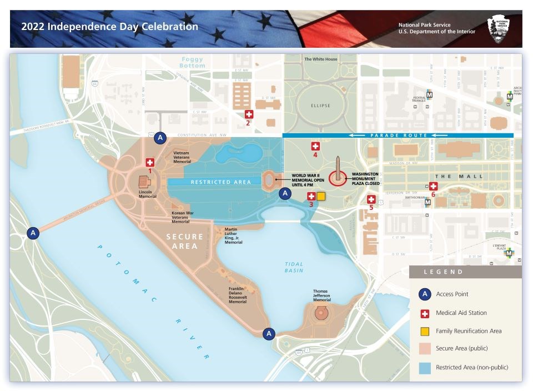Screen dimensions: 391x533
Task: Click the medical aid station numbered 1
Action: coord(149,163)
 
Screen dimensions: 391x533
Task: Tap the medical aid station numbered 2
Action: coord(249,114)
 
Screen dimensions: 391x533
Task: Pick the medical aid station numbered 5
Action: coord(371,200)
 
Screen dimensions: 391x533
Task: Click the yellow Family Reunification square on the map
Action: coord(321,196)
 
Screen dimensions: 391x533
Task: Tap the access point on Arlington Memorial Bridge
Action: coord(33,233)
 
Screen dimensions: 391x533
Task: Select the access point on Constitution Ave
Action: coord(160,137)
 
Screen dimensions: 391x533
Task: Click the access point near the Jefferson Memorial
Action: coord(269,333)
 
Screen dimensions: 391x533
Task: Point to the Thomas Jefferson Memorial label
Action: coord(321,295)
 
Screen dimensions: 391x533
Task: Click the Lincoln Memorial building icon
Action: coord(143,182)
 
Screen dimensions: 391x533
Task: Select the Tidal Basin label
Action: coord(294,268)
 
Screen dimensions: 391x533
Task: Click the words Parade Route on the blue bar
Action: coord(400,136)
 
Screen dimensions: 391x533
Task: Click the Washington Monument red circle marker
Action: coord(337,178)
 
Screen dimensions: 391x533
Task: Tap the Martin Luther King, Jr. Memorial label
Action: coord(233,235)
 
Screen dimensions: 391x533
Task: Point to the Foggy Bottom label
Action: coord(193,62)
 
